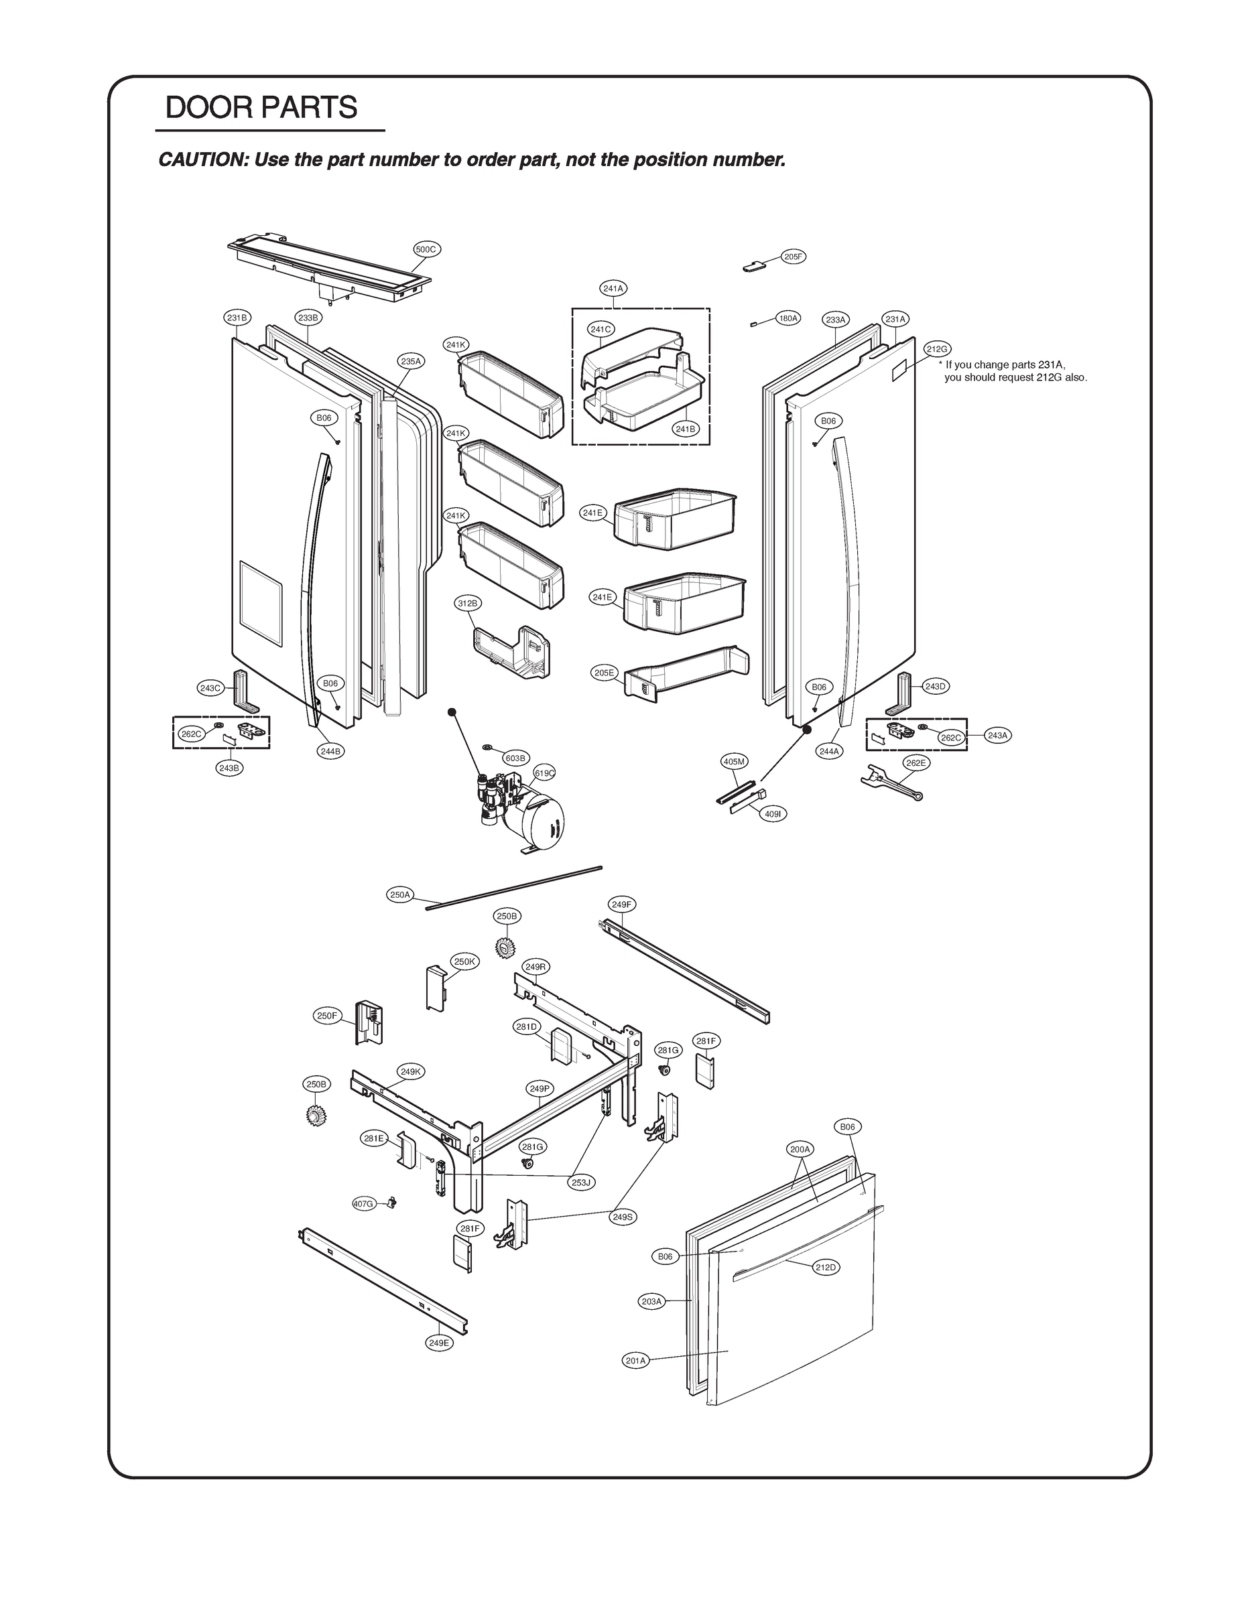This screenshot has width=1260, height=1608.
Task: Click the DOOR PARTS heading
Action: point(261,108)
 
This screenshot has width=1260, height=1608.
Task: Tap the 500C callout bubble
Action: point(426,249)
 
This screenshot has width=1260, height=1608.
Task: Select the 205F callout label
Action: point(793,257)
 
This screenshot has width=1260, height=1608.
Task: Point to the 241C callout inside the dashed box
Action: point(602,329)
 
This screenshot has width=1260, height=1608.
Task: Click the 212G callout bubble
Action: point(937,348)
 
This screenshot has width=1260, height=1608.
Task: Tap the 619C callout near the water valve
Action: point(544,773)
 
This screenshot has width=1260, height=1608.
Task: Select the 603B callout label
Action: point(515,758)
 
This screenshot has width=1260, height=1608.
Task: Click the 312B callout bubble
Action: point(468,603)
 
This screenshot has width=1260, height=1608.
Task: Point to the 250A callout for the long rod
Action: point(399,894)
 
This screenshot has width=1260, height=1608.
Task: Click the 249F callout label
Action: point(621,904)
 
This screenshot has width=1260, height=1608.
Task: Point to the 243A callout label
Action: point(998,735)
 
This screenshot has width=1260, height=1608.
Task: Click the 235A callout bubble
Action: point(411,361)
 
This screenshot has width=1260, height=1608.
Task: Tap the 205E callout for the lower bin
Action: point(604,673)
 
